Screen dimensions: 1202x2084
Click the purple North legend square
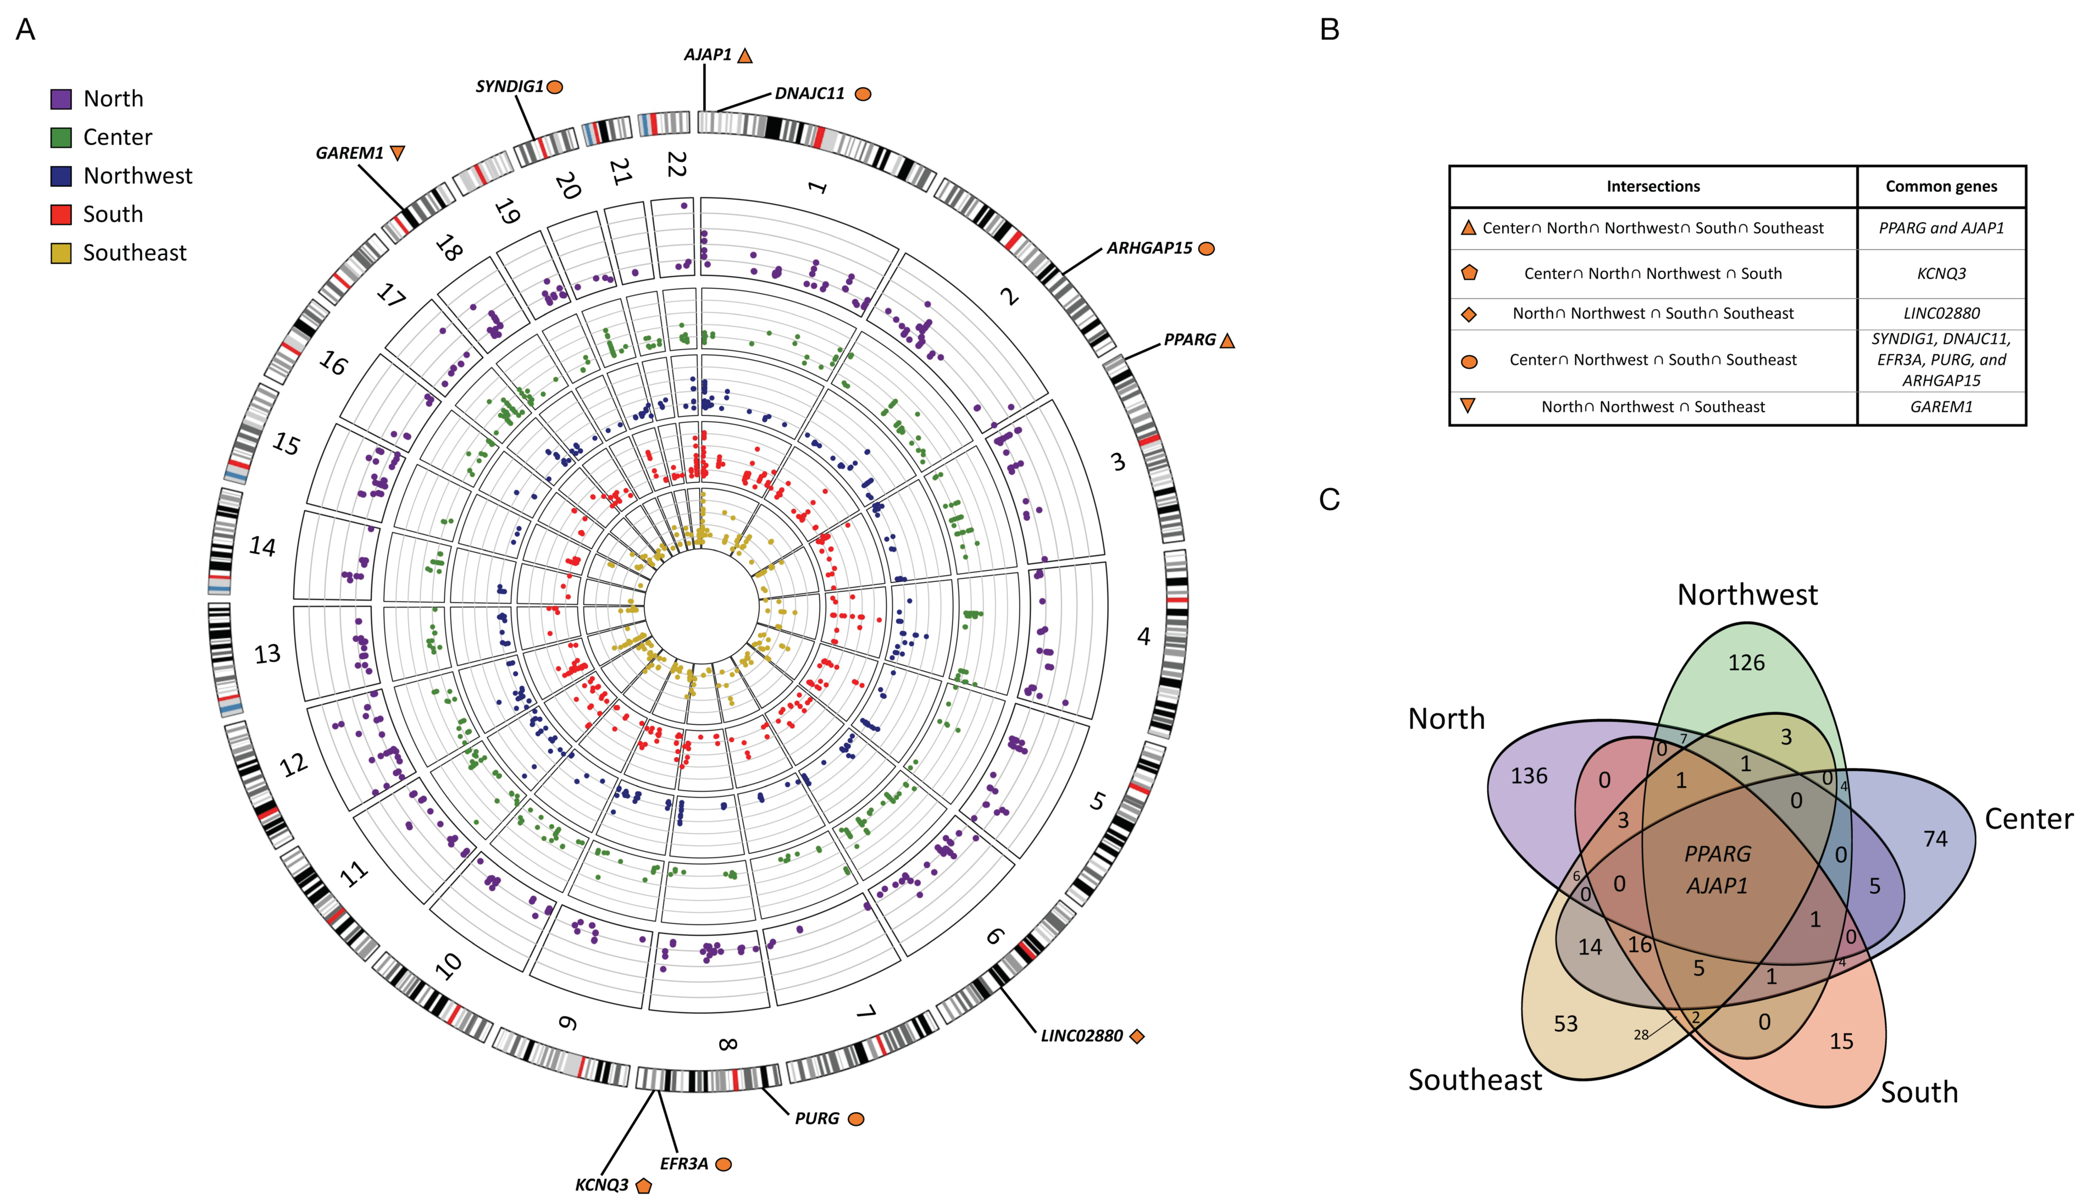point(61,99)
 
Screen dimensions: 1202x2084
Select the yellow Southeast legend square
point(61,253)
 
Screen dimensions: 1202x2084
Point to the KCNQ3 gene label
point(602,1185)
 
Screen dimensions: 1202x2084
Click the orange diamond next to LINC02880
point(1137,1036)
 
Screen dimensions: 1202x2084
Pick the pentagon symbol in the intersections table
point(1469,273)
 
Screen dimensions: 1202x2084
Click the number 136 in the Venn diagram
point(1529,776)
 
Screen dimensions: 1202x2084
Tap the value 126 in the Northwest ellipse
point(1746,663)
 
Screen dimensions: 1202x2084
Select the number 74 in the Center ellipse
point(1935,839)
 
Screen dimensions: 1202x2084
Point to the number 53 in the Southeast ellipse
point(1565,1024)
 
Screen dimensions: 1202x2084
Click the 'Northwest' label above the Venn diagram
point(1747,594)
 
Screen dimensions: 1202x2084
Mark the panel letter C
point(1329,499)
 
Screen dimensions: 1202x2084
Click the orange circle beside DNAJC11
point(863,94)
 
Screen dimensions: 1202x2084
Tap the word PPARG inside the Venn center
point(1718,854)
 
